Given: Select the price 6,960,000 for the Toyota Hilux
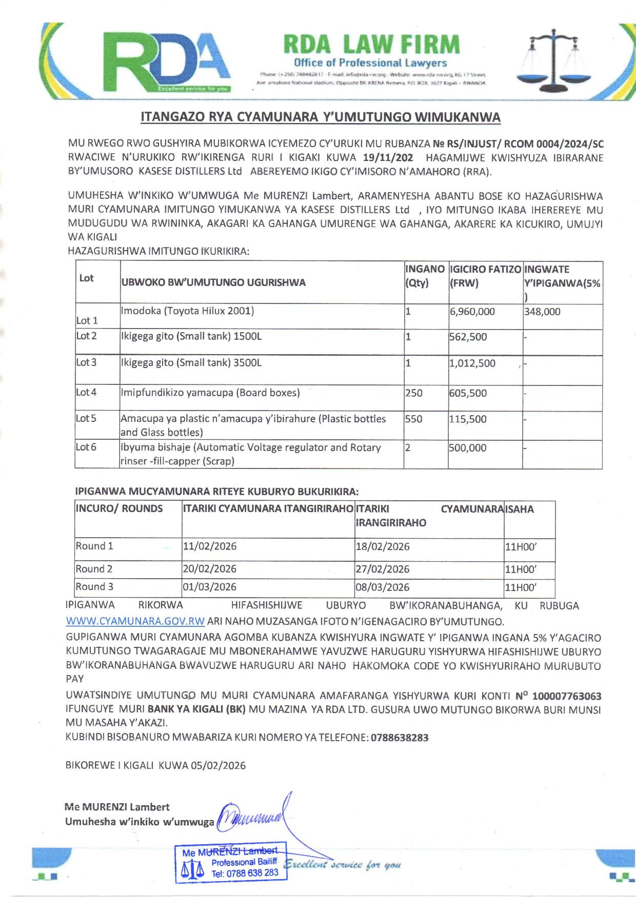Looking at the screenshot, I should pyautogui.click(x=472, y=312).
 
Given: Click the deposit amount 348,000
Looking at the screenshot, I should pyautogui.click(x=542, y=312).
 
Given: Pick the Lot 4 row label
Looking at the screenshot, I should pyautogui.click(x=86, y=393).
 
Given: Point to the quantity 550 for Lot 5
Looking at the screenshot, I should pyautogui.click(x=414, y=419).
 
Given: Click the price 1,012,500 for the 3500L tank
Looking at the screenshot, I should pyautogui.click(x=472, y=363).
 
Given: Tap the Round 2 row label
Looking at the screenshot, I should pyautogui.click(x=94, y=569).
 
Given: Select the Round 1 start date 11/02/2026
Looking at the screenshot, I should pyautogui.click(x=210, y=546).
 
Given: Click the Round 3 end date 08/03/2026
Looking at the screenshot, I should pyautogui.click(x=383, y=587).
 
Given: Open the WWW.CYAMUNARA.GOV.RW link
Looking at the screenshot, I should pyautogui.click(x=135, y=622).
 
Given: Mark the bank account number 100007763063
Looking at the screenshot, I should pyautogui.click(x=567, y=697).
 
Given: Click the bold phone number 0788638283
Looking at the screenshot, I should pyautogui.click(x=399, y=738).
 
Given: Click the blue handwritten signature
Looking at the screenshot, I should pyautogui.click(x=254, y=815).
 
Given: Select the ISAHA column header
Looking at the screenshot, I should pyautogui.click(x=520, y=509).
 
